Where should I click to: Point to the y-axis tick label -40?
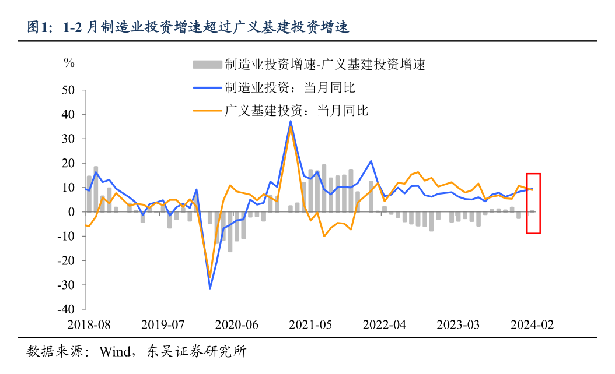tap(67, 309)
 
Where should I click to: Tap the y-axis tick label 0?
tap(72, 213)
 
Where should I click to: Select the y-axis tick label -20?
tap(67, 261)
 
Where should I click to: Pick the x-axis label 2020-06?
tap(236, 324)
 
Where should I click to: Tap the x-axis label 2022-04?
tap(385, 324)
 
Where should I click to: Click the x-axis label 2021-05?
tap(310, 324)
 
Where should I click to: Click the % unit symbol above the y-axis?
tap(69, 63)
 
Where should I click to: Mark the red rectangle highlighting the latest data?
tap(533, 203)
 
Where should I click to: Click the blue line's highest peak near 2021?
tap(291, 121)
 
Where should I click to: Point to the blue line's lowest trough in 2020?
tap(210, 288)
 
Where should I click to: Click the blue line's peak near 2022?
tap(371, 161)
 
